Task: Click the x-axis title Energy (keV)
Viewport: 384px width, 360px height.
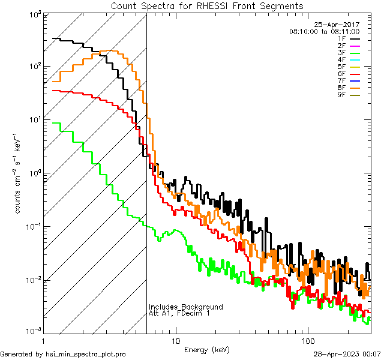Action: pos(206,349)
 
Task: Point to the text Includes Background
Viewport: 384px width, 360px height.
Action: pos(186,307)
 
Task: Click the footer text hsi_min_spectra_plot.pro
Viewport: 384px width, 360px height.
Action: pos(86,354)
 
